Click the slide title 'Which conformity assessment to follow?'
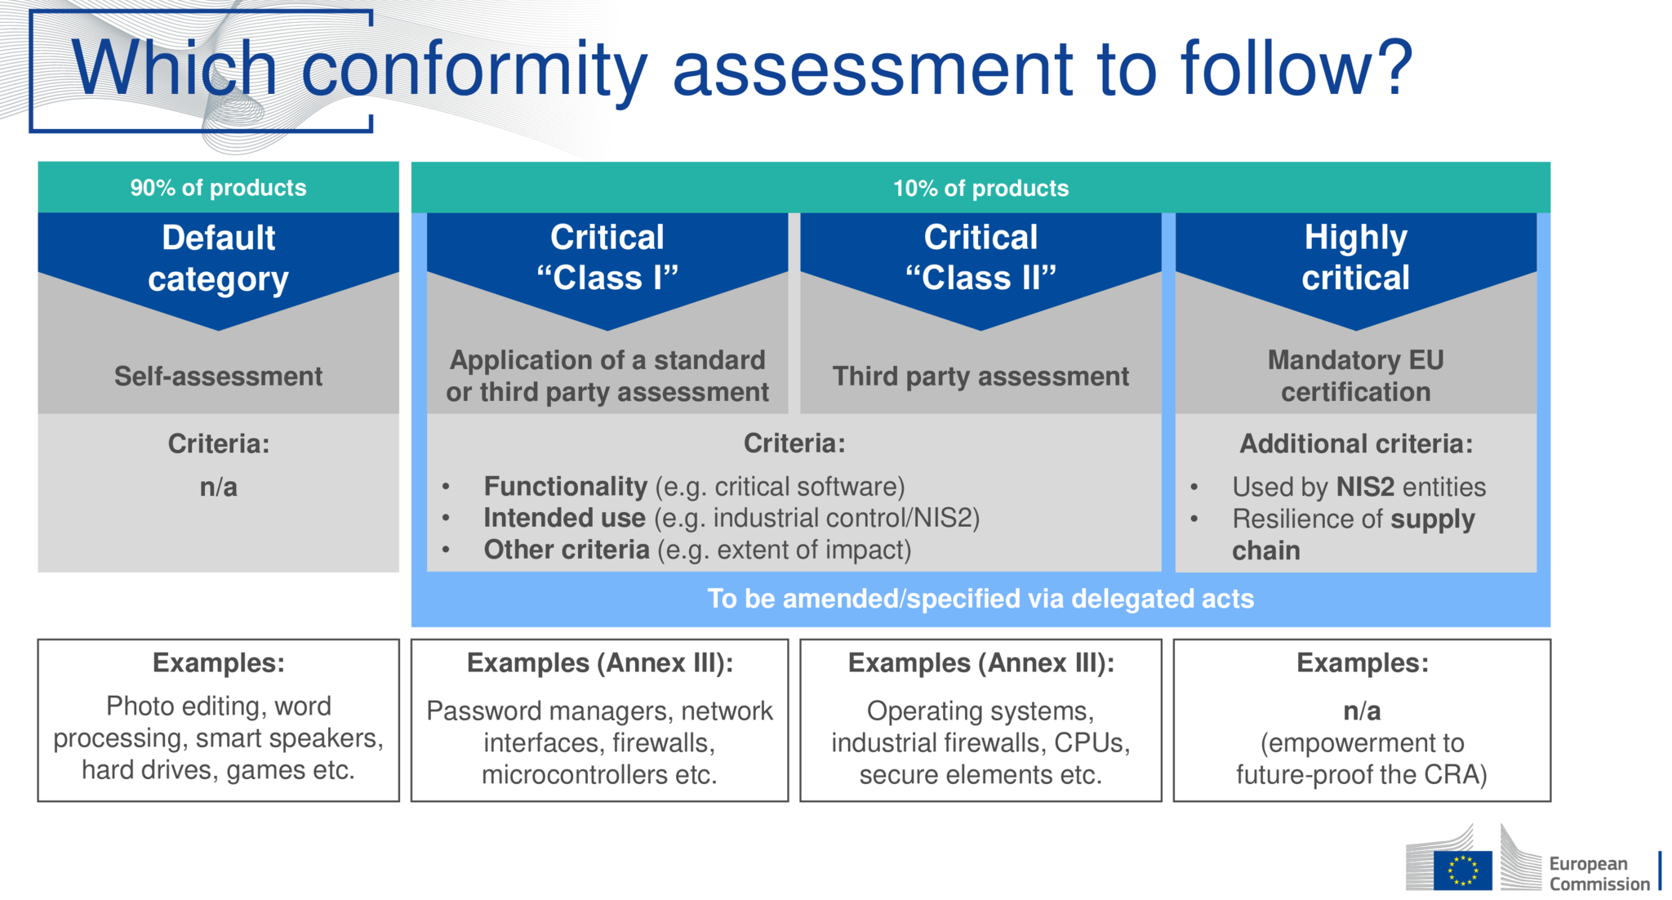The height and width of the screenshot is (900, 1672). coord(742,69)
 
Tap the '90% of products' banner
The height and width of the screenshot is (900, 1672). coord(218,188)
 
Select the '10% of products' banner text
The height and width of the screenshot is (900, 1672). coord(981,188)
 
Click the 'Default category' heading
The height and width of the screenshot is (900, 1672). coord(218,258)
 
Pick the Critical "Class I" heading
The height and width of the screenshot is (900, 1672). coord(607,257)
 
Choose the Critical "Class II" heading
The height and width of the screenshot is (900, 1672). coord(981,257)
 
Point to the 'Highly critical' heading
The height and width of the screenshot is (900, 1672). coord(1355,257)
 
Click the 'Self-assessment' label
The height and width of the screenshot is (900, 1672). coord(218,376)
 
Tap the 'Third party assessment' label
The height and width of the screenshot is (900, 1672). coord(981,376)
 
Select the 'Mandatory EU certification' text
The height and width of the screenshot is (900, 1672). coord(1355,376)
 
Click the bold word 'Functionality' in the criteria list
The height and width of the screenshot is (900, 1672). coord(565,487)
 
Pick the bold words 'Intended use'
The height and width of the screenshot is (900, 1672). coord(564,518)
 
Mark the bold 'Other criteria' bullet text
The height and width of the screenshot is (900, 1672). coord(567,550)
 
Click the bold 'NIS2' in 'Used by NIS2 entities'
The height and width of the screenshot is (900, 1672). coord(1365,487)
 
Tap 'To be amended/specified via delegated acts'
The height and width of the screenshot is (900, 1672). coord(981,599)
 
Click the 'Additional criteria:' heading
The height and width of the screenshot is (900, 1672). coord(1356,443)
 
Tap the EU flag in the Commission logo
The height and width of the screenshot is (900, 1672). coord(1462,870)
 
